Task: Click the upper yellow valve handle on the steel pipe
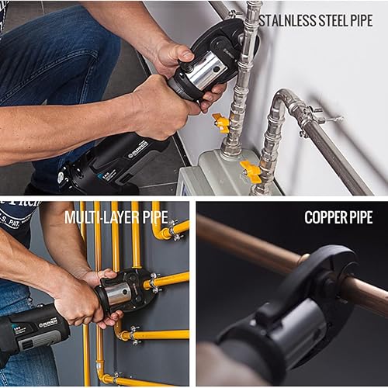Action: (x=221, y=122)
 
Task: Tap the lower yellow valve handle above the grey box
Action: (x=250, y=169)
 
